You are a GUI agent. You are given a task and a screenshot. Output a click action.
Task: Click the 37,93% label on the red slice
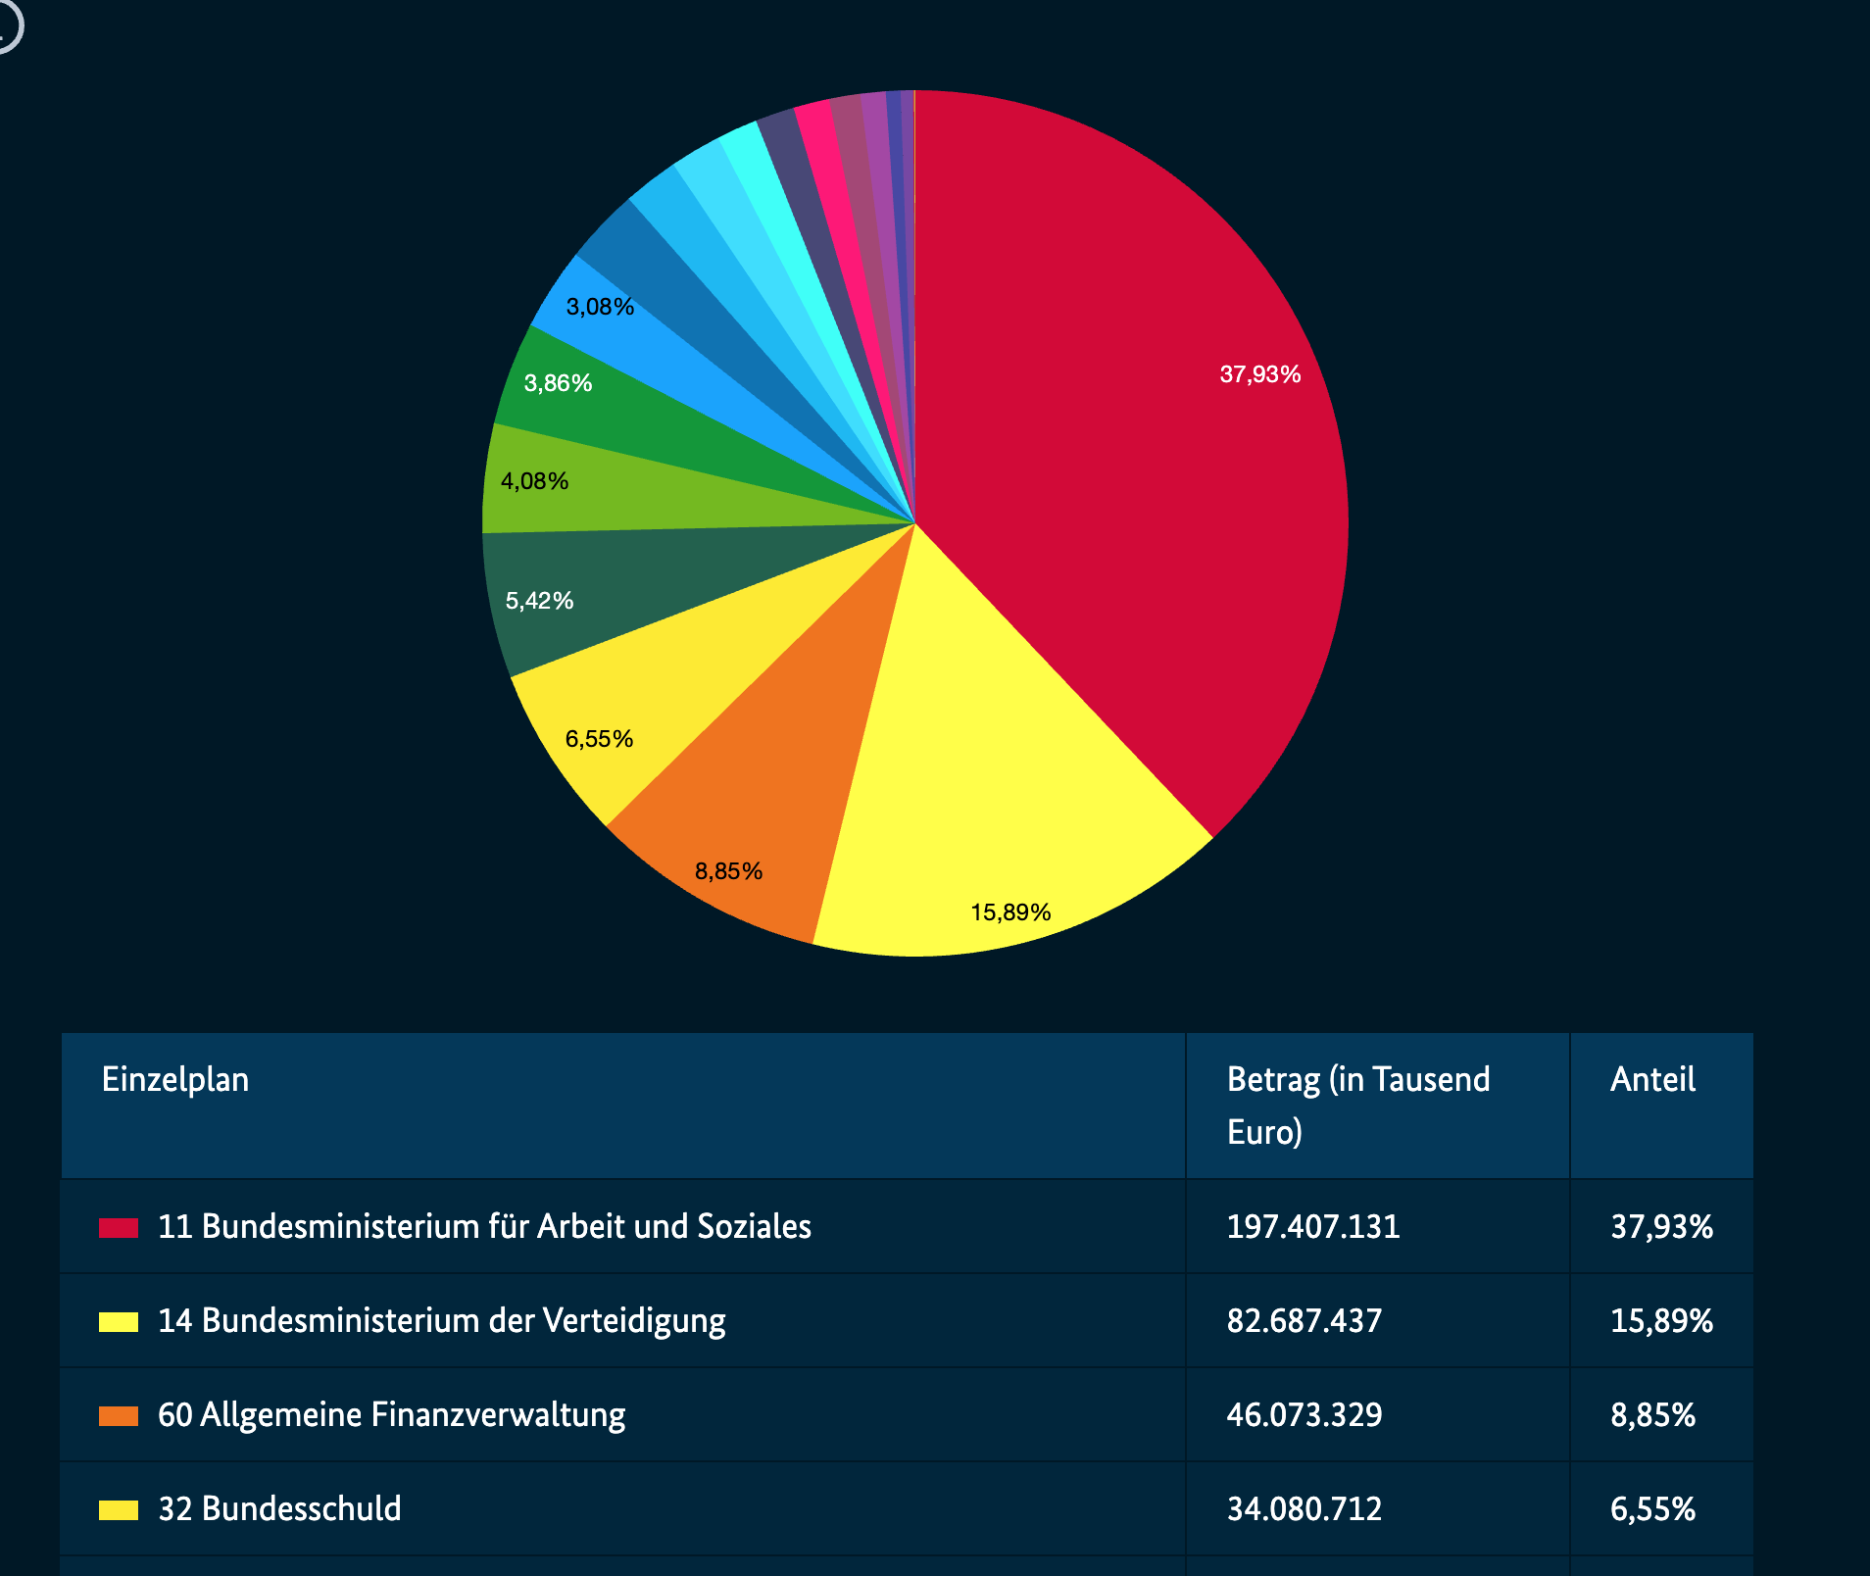click(1259, 374)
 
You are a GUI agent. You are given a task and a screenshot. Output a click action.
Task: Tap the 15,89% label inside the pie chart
click(1010, 912)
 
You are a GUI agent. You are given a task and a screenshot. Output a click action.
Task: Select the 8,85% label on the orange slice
click(728, 871)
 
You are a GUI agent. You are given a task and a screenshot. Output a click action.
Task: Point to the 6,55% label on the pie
click(599, 739)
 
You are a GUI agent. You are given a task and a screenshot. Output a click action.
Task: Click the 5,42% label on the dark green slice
click(539, 601)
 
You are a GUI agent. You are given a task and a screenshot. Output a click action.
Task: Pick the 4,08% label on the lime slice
click(534, 481)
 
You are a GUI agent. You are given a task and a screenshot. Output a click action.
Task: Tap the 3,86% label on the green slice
click(558, 383)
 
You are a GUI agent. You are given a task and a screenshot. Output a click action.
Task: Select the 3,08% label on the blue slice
click(600, 307)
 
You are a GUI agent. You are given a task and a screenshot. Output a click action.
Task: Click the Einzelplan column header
click(175, 1080)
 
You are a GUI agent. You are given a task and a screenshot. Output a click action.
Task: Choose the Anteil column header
click(1652, 1080)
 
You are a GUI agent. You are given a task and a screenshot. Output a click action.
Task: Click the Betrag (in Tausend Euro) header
click(1357, 1106)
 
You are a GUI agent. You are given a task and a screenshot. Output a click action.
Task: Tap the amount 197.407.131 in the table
click(1313, 1227)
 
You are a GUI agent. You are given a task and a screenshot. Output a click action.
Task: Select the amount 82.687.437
click(1304, 1321)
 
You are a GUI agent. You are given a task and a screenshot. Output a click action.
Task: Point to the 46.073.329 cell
click(1304, 1415)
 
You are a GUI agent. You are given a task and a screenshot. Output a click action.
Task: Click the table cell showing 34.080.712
click(1304, 1509)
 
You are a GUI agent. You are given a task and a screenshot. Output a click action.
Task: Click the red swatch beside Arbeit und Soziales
click(119, 1228)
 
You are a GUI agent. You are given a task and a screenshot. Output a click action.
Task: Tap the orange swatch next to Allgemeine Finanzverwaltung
click(119, 1416)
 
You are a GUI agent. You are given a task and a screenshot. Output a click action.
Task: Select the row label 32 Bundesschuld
click(279, 1509)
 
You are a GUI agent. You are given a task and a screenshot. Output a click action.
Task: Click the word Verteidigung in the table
click(634, 1321)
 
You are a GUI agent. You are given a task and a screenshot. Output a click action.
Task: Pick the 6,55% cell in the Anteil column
click(1652, 1509)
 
